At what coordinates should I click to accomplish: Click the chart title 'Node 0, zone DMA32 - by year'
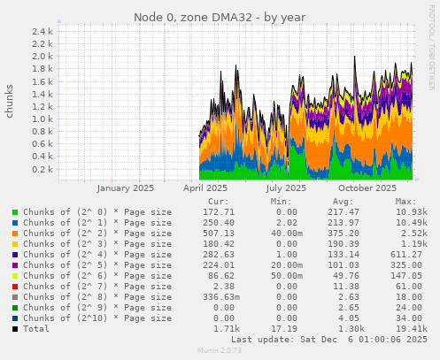tap(220, 17)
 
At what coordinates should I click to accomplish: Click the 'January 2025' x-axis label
tap(125, 188)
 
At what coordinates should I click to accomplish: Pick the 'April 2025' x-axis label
tap(205, 188)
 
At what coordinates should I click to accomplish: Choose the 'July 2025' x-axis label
tap(286, 188)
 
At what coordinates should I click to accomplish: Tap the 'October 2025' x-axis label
tap(367, 188)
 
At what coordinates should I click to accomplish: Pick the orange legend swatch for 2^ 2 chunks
tap(15, 236)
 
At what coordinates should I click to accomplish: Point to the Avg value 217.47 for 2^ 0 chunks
tap(342, 213)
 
